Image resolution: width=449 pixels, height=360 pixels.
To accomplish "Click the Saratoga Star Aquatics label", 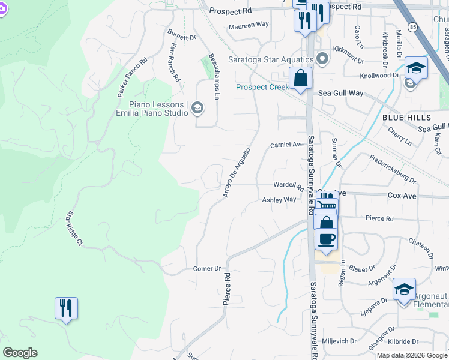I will tap(271, 60).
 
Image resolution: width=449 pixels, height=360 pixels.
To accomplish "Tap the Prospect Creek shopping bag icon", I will tap(300, 79).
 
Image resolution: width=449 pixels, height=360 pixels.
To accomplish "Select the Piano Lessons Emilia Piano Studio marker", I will tap(198, 108).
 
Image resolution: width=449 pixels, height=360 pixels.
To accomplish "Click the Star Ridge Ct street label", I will tap(75, 229).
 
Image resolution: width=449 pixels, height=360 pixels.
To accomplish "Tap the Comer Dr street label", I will tap(208, 269).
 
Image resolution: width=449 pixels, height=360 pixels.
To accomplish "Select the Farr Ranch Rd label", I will tap(175, 62).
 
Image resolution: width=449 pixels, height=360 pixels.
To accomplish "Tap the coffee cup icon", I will tap(326, 238).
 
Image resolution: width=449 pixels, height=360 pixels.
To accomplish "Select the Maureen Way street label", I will tap(249, 25).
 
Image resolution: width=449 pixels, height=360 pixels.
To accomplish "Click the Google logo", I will tap(20, 353).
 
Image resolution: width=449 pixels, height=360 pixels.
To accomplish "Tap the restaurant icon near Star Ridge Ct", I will tap(66, 308).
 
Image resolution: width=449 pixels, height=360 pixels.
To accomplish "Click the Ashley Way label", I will tap(279, 200).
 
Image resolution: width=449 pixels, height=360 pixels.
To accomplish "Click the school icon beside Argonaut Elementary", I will tap(405, 289).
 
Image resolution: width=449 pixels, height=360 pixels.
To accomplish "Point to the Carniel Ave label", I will tap(286, 145).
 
